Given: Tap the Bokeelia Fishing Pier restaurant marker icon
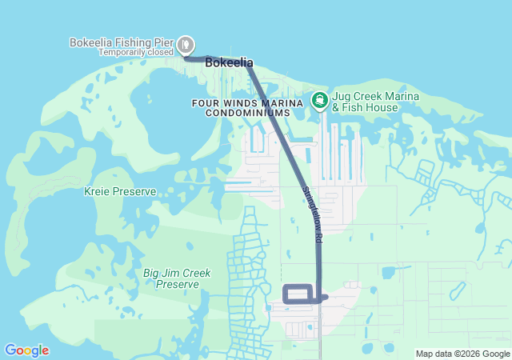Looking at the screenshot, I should click(x=186, y=44).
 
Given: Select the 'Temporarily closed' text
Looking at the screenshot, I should click(x=135, y=52).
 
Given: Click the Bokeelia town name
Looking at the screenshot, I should click(x=229, y=62).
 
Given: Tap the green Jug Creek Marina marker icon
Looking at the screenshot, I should click(x=319, y=100).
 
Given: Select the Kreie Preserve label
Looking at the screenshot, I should click(x=120, y=192).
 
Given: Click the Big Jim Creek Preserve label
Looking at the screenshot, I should click(x=177, y=278).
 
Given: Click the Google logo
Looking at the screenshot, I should click(x=26, y=350).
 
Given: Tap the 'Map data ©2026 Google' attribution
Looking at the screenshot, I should click(x=462, y=354).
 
